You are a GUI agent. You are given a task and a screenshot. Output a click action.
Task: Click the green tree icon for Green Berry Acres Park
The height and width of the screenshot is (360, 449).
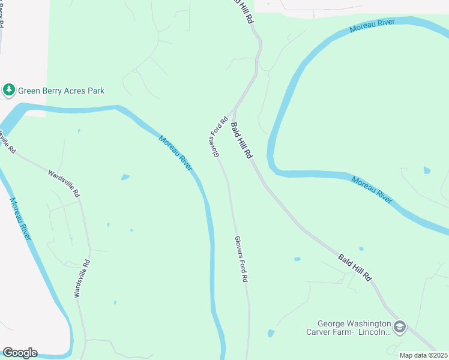8,91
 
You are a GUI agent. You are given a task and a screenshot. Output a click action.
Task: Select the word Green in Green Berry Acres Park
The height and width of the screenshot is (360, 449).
29,91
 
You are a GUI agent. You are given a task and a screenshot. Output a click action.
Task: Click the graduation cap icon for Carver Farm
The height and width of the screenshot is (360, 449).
400,327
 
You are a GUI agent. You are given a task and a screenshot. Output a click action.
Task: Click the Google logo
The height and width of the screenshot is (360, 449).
20,353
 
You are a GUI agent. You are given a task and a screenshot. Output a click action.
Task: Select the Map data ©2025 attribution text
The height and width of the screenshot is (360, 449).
423,355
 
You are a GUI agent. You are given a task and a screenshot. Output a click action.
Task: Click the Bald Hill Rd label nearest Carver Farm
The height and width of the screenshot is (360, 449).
355,268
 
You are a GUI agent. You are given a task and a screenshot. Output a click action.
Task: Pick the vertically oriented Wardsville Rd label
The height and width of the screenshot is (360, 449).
82,278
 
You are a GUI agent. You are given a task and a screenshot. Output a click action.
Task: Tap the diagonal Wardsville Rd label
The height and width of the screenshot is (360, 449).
64,184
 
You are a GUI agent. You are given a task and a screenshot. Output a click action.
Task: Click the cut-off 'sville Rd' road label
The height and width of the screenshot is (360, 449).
8,142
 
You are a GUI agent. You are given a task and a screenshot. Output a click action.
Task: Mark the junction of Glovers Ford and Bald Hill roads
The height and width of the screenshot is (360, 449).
234,110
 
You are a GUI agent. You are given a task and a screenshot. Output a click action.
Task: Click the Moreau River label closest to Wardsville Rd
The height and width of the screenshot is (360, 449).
20,219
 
